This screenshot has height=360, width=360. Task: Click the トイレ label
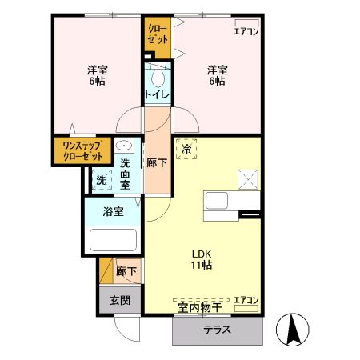(156, 95)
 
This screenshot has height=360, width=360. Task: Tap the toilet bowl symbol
(157, 77)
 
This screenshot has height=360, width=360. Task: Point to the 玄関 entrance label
(120, 300)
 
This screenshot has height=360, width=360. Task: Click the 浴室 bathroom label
(113, 212)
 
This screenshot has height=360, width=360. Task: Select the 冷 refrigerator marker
(186, 148)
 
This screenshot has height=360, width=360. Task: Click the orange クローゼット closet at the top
(158, 34)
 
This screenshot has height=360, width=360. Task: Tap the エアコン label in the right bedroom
(245, 32)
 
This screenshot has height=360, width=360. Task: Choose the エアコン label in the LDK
(245, 300)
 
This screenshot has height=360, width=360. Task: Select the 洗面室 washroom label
(126, 174)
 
